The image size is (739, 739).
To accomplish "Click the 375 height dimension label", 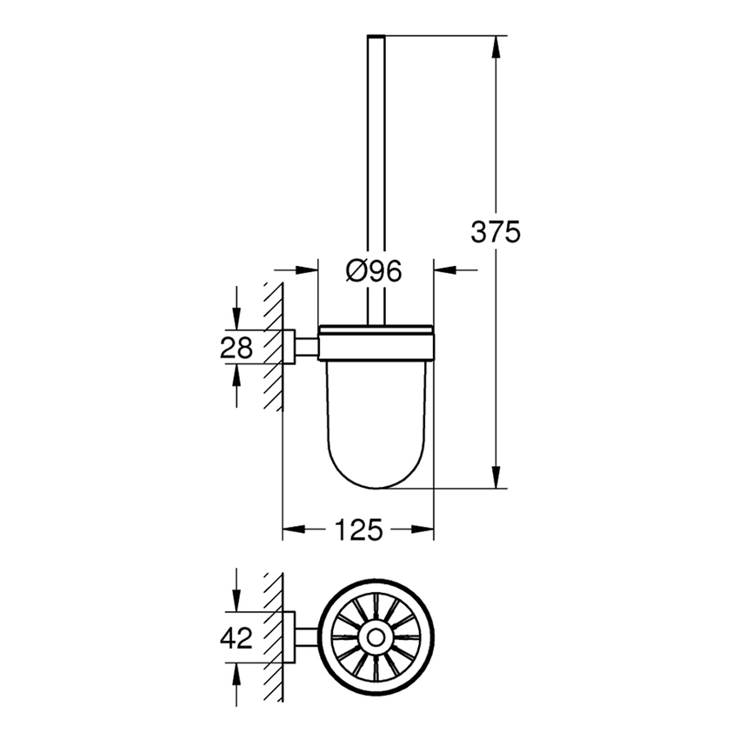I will (x=495, y=232).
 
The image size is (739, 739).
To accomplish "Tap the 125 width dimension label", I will (x=359, y=529).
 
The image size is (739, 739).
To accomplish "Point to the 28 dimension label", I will (x=235, y=348).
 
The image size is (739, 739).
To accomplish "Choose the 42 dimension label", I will (x=235, y=638).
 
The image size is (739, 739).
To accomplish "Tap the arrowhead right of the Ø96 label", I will (x=444, y=271).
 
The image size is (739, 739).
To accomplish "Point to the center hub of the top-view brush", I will (x=376, y=638).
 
